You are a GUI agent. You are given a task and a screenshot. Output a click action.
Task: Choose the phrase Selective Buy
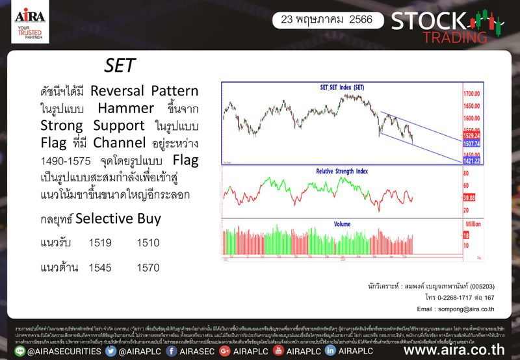coord(119,219)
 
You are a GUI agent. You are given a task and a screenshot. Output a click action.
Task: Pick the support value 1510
coord(148,243)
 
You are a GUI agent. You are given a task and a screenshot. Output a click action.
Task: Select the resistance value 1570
coord(148,267)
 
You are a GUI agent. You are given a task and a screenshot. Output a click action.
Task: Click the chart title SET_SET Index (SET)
coord(342,87)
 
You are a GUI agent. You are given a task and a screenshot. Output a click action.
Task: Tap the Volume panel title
coord(342,224)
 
